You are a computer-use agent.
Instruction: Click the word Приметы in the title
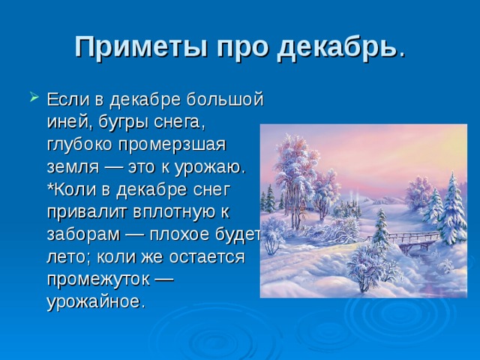[142, 47]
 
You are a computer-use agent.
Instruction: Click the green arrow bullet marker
[34, 97]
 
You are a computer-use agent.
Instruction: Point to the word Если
[68, 99]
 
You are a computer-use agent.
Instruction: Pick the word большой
[225, 99]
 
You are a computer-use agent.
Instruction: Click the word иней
[70, 122]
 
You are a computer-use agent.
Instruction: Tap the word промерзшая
[172, 145]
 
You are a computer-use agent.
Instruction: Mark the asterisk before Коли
[50, 187]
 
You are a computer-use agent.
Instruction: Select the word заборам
[83, 235]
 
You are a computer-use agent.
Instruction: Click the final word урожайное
[95, 301]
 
